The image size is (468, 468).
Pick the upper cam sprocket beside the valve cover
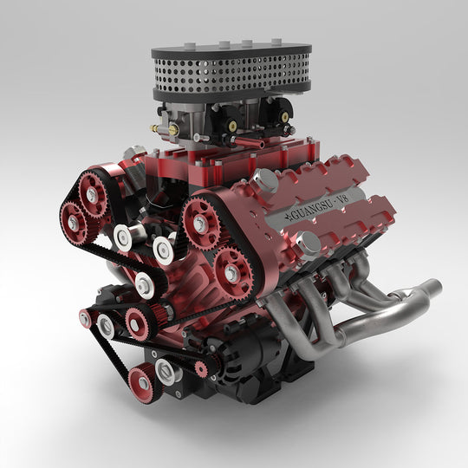tap(200, 223)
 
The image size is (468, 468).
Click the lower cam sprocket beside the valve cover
tap(232, 271)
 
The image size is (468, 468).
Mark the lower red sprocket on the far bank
tap(73, 224)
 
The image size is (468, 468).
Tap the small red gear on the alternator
tap(201, 368)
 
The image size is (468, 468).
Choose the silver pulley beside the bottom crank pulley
tap(167, 371)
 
